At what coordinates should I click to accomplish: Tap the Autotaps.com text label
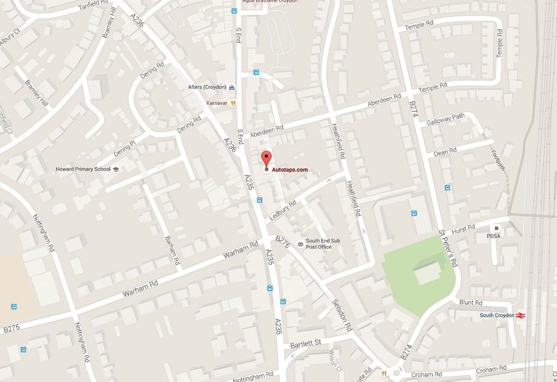point(290,170)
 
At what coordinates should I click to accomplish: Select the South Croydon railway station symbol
point(521,315)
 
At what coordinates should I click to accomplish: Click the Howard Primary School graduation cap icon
point(115,169)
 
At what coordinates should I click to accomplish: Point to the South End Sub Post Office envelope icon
point(301,244)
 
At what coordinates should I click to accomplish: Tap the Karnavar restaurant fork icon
point(233,103)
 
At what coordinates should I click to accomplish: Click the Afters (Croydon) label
point(207,87)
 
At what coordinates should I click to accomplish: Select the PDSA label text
point(493,236)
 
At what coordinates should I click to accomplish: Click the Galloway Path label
point(445,119)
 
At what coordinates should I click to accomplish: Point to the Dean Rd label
point(445,151)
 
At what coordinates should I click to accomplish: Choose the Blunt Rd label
point(471,303)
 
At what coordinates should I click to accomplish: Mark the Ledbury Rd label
point(283,208)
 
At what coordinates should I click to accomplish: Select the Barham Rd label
point(172,250)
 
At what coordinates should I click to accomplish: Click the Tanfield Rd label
point(94,7)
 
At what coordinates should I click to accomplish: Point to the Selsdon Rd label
point(342,315)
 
